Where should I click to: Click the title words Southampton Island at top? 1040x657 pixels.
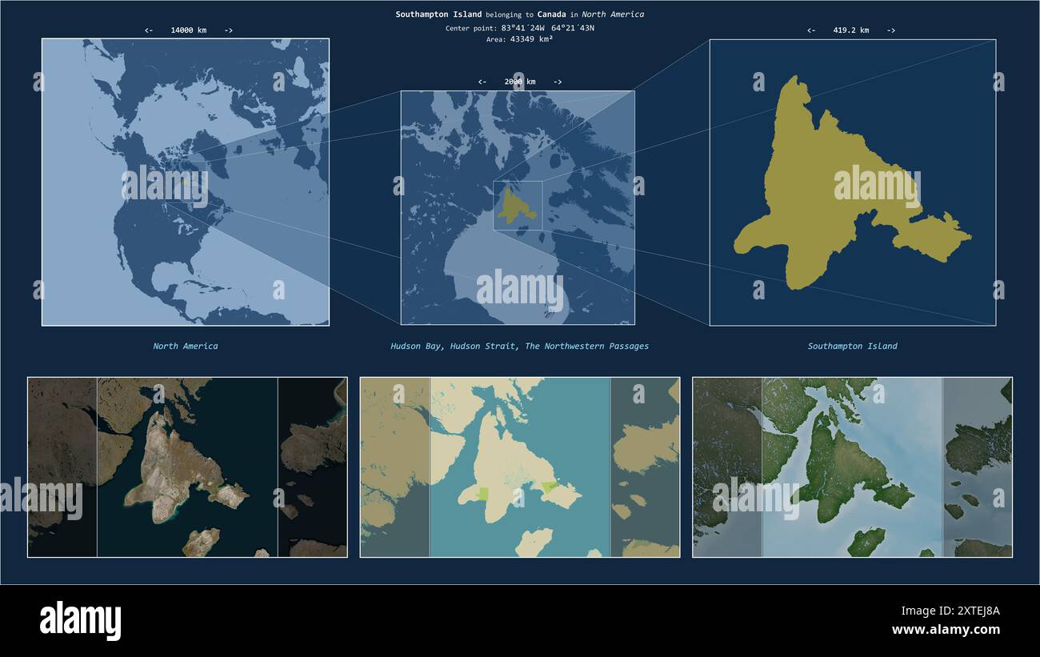point(438,14)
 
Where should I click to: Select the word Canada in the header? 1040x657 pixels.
point(551,14)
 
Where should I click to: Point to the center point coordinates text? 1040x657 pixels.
point(520,28)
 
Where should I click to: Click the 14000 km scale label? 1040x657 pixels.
point(188,30)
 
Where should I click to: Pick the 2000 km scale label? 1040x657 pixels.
point(519,82)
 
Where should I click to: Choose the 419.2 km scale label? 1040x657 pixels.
point(850,30)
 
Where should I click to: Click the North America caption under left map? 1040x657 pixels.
point(186,347)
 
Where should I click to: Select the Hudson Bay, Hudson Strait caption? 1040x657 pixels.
point(519,347)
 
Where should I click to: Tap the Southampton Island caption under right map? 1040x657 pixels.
point(852,347)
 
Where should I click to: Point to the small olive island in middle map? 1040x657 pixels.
point(516,206)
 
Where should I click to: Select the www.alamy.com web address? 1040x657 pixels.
point(946,630)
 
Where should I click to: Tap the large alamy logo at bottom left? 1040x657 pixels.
point(80,621)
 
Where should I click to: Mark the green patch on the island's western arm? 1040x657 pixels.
point(482,494)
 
